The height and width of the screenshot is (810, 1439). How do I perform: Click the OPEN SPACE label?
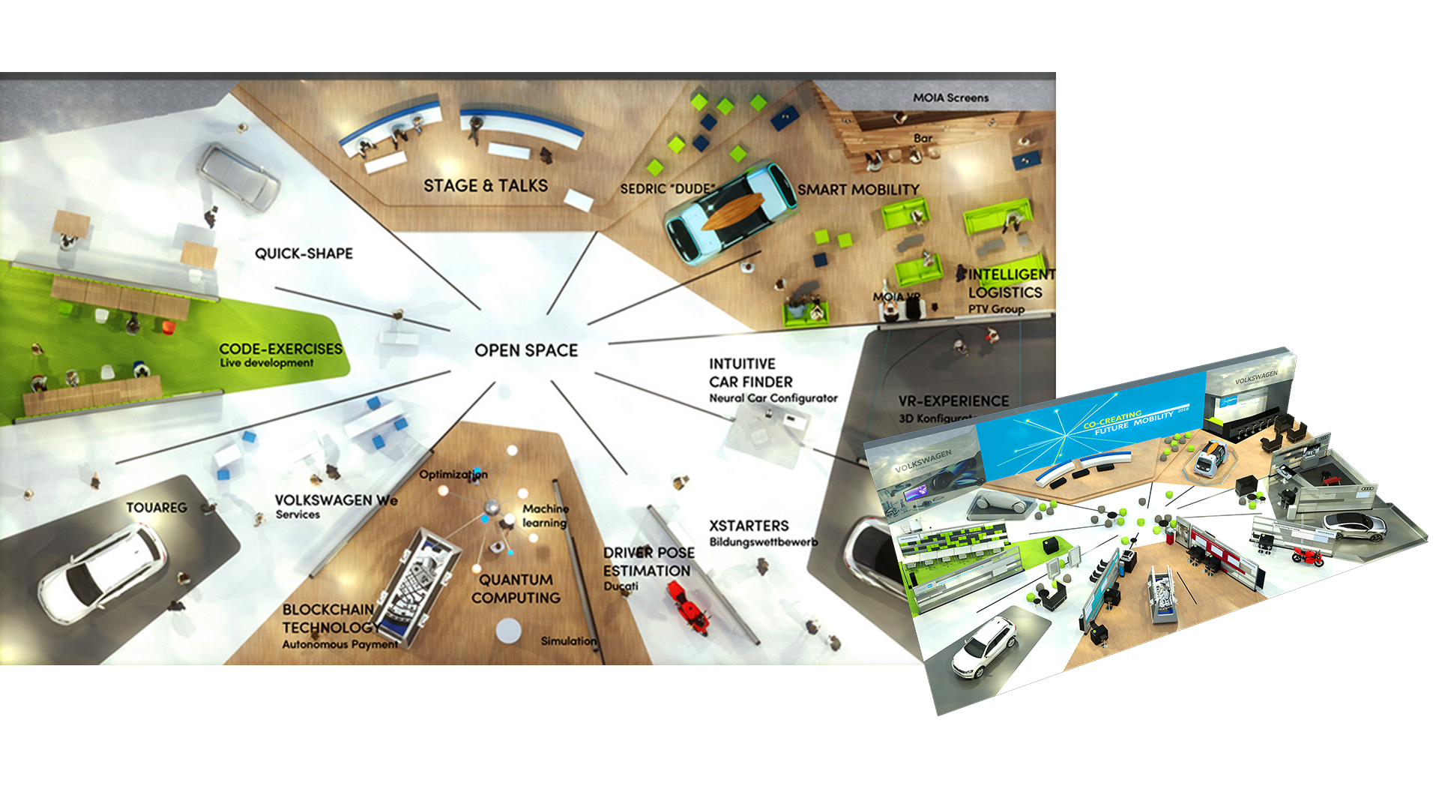[526, 350]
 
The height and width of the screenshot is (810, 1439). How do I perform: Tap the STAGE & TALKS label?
[486, 185]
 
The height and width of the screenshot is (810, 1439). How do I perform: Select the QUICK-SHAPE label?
[304, 253]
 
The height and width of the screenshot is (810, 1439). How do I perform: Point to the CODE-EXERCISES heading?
[280, 349]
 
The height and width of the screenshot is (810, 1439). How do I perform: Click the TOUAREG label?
[156, 508]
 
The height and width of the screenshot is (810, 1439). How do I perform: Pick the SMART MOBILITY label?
[858, 190]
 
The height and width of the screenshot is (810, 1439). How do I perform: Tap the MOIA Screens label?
[950, 97]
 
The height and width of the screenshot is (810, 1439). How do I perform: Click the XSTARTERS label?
[749, 526]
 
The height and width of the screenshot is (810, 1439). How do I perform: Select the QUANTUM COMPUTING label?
[516, 589]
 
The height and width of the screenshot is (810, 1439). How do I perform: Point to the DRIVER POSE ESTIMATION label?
[648, 562]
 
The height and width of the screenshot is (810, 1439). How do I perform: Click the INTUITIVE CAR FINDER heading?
[750, 373]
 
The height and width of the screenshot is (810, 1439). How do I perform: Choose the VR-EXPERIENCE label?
[953, 401]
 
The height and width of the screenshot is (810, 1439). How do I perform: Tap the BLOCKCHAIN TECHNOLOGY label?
[330, 619]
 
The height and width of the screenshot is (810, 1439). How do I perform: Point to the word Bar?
[923, 138]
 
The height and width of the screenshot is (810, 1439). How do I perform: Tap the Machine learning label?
[545, 515]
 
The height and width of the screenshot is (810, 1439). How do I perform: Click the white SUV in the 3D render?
[984, 646]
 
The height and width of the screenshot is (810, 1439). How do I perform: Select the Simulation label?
[569, 641]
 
